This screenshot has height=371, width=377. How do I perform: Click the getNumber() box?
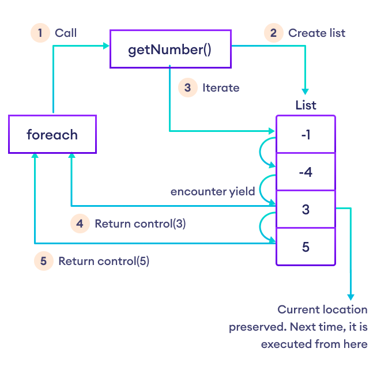pos(170,49)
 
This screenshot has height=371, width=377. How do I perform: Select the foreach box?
pos(52,135)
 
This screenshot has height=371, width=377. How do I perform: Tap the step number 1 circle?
pos(40,33)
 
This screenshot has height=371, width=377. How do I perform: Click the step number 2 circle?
pos(273,33)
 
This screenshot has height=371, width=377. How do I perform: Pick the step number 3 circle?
pos(187,88)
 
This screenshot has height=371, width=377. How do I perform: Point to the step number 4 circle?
pos(80,224)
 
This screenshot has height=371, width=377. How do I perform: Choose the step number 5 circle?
pos(43,261)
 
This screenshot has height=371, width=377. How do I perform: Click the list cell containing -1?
pos(306,134)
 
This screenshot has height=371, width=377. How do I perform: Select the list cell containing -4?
pos(306,172)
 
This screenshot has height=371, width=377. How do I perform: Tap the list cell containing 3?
pos(306,209)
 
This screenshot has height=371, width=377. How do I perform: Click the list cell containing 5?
pos(306,247)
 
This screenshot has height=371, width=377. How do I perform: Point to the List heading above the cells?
pos(306,105)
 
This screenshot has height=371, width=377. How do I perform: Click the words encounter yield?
pos(213,191)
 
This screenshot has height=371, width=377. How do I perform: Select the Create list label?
pos(316,33)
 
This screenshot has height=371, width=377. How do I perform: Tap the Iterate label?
pos(220,88)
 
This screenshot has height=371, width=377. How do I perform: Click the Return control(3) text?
pos(140,224)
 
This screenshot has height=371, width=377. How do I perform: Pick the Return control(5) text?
pos(104,261)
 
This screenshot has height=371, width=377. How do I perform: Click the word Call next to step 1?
pos(66,33)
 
